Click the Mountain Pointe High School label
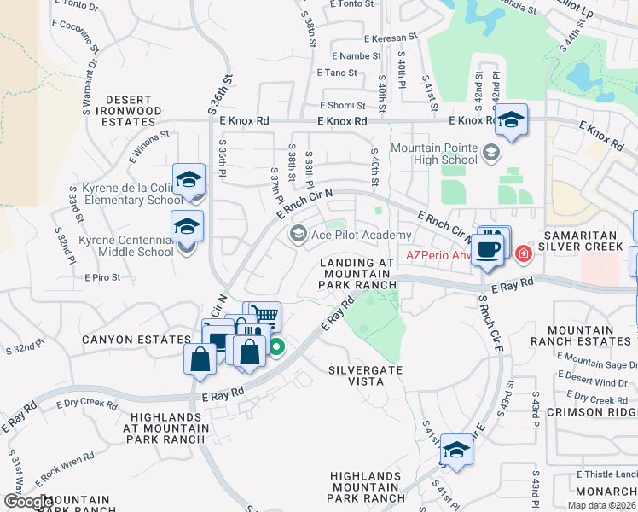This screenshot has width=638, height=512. pyautogui.click(x=433, y=154)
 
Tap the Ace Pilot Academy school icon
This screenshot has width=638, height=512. pyautogui.click(x=299, y=234)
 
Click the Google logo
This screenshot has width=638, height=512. pyautogui.click(x=28, y=502)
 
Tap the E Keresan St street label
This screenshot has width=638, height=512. pyautogui.click(x=390, y=38)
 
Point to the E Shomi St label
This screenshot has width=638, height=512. pyautogui.click(x=341, y=105)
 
